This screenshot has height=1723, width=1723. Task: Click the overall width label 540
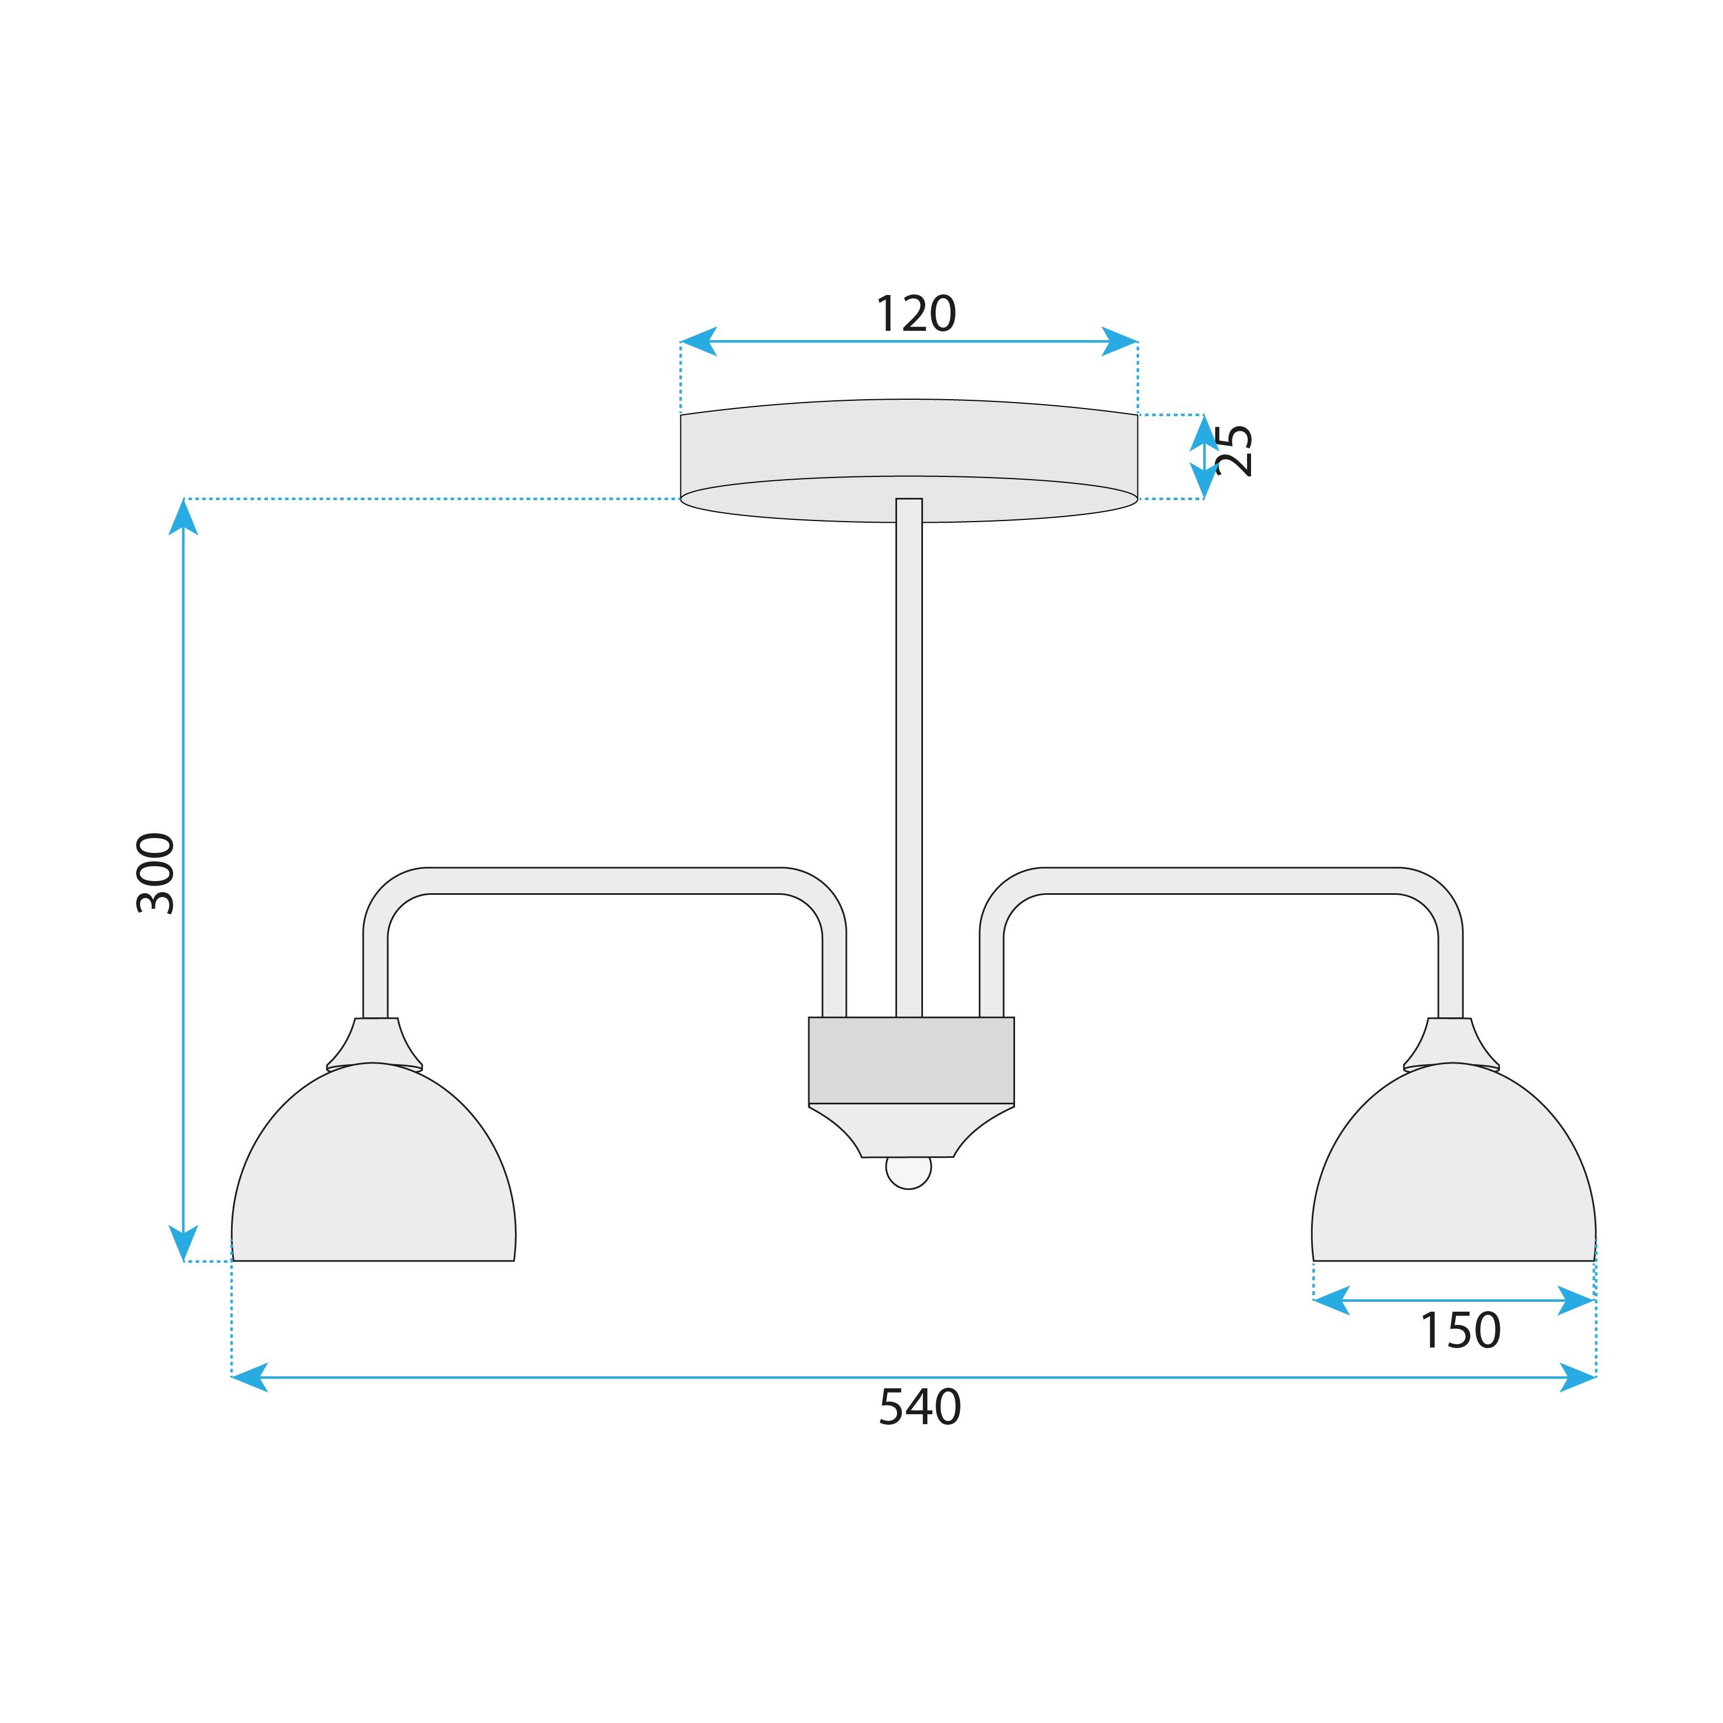coord(920,1407)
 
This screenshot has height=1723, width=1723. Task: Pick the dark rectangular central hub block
coord(910,1060)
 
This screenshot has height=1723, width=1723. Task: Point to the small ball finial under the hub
coord(908,1172)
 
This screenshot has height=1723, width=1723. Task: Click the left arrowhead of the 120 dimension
coord(698,342)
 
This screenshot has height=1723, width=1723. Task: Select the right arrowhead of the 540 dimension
coord(1577,1377)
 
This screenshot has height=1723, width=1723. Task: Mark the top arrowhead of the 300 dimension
coord(183,517)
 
